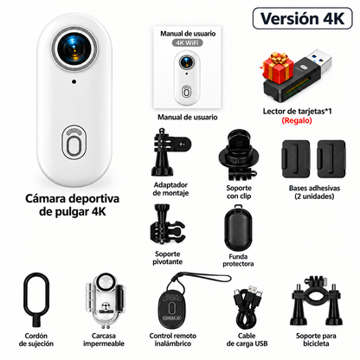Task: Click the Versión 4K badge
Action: click(303, 18)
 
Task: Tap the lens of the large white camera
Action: click(74, 48)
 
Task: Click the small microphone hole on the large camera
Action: click(74, 81)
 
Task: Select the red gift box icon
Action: click(278, 67)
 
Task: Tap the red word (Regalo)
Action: click(297, 120)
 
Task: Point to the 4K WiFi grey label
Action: click(188, 42)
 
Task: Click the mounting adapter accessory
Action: click(170, 152)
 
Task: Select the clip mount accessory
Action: click(238, 155)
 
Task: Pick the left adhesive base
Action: click(296, 159)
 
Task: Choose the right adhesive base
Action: click(331, 159)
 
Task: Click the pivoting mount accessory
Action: click(166, 225)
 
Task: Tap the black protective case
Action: click(238, 228)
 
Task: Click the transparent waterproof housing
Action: click(105, 300)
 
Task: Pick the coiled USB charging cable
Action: click(247, 307)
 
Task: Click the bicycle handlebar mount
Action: click(317, 300)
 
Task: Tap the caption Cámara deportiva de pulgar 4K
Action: click(72, 205)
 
